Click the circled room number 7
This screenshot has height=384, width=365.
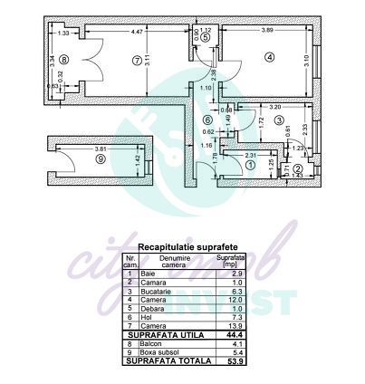point(137,61)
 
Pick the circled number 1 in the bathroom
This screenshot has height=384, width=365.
point(207,120)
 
